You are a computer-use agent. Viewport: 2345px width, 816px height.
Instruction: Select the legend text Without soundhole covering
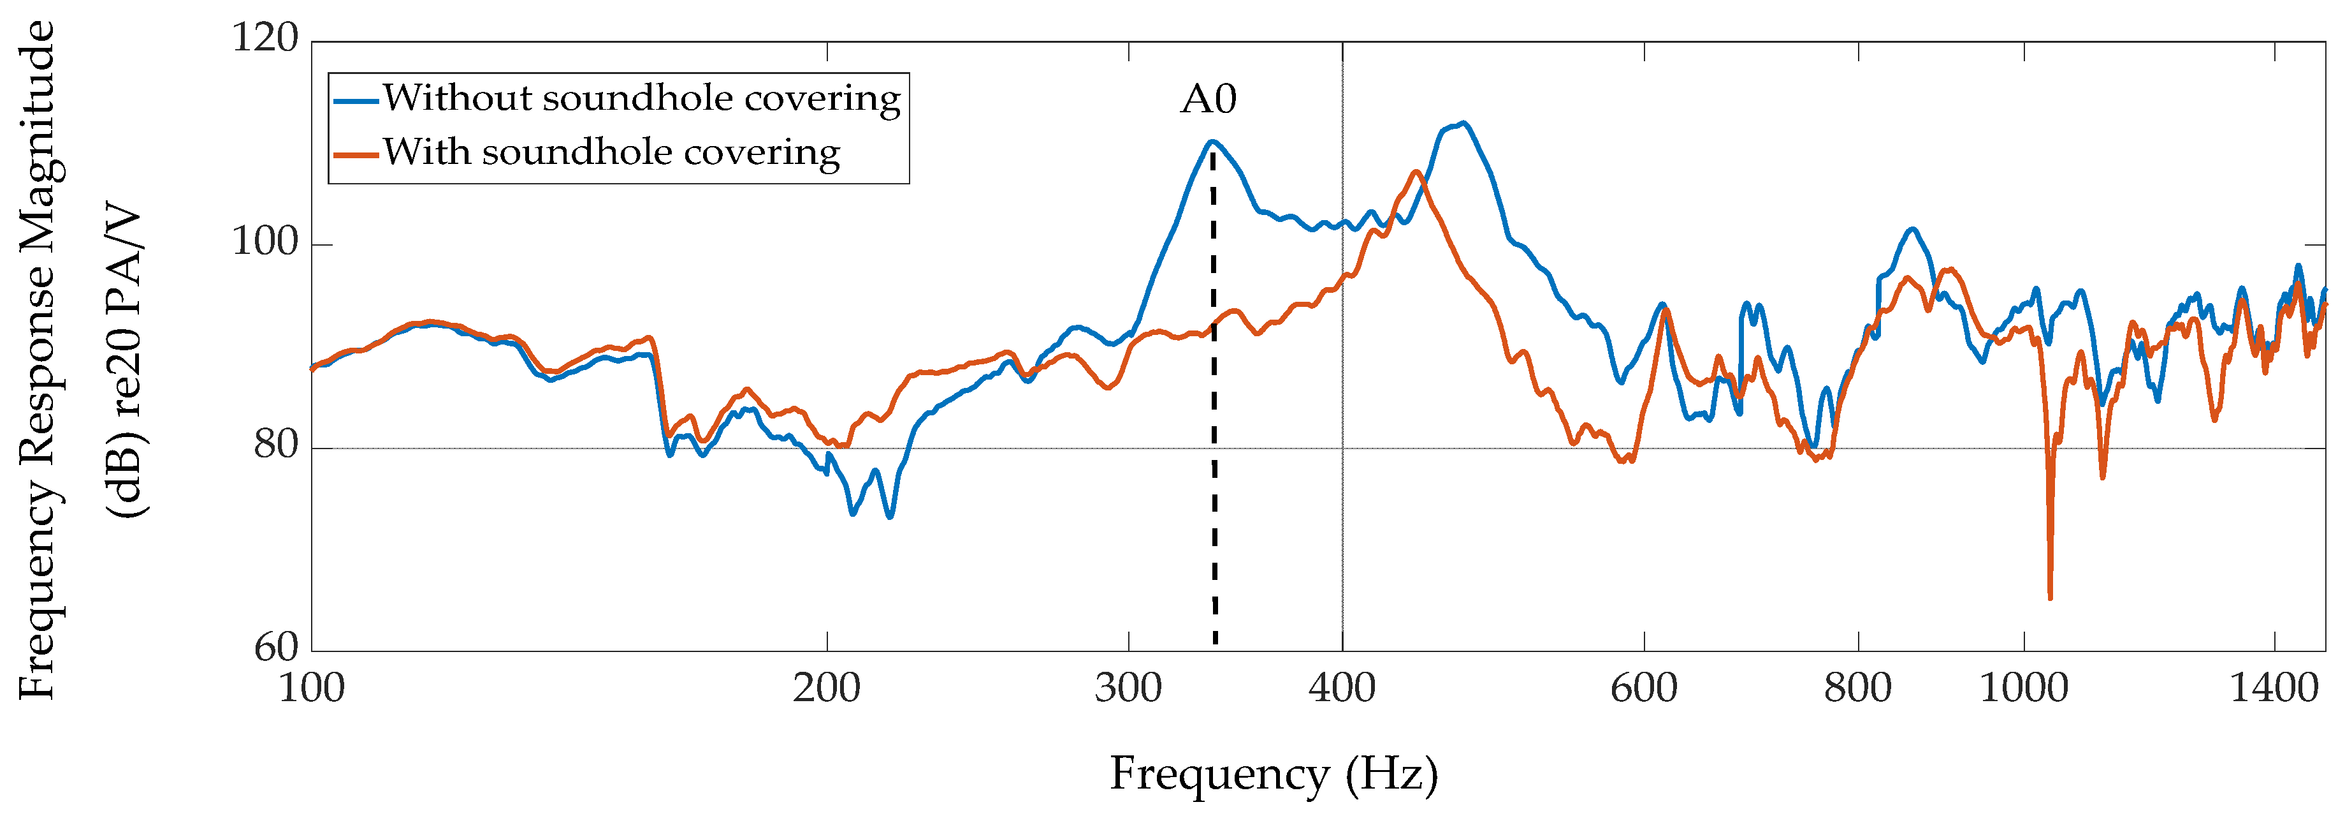pos(641,98)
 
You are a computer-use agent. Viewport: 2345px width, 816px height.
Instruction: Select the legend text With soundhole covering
pos(611,152)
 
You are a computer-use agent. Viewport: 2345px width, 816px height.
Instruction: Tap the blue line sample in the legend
pos(356,100)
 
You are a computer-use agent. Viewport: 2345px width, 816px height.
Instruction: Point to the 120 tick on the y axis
pos(264,39)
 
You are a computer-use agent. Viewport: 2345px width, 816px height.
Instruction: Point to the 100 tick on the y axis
pos(264,242)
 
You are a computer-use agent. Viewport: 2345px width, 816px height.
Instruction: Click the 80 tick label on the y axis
pos(275,445)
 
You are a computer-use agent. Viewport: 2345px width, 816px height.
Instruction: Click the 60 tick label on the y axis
pos(275,648)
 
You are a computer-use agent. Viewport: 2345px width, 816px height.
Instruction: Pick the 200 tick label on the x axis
pos(825,688)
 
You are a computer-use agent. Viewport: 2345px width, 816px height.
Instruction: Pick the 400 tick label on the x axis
pos(1341,688)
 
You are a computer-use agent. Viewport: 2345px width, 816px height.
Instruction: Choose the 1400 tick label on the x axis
pos(2273,688)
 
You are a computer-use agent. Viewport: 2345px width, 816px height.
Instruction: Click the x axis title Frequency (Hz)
pos(1273,775)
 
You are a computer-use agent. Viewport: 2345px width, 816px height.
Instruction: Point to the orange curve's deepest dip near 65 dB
pos(2050,597)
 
